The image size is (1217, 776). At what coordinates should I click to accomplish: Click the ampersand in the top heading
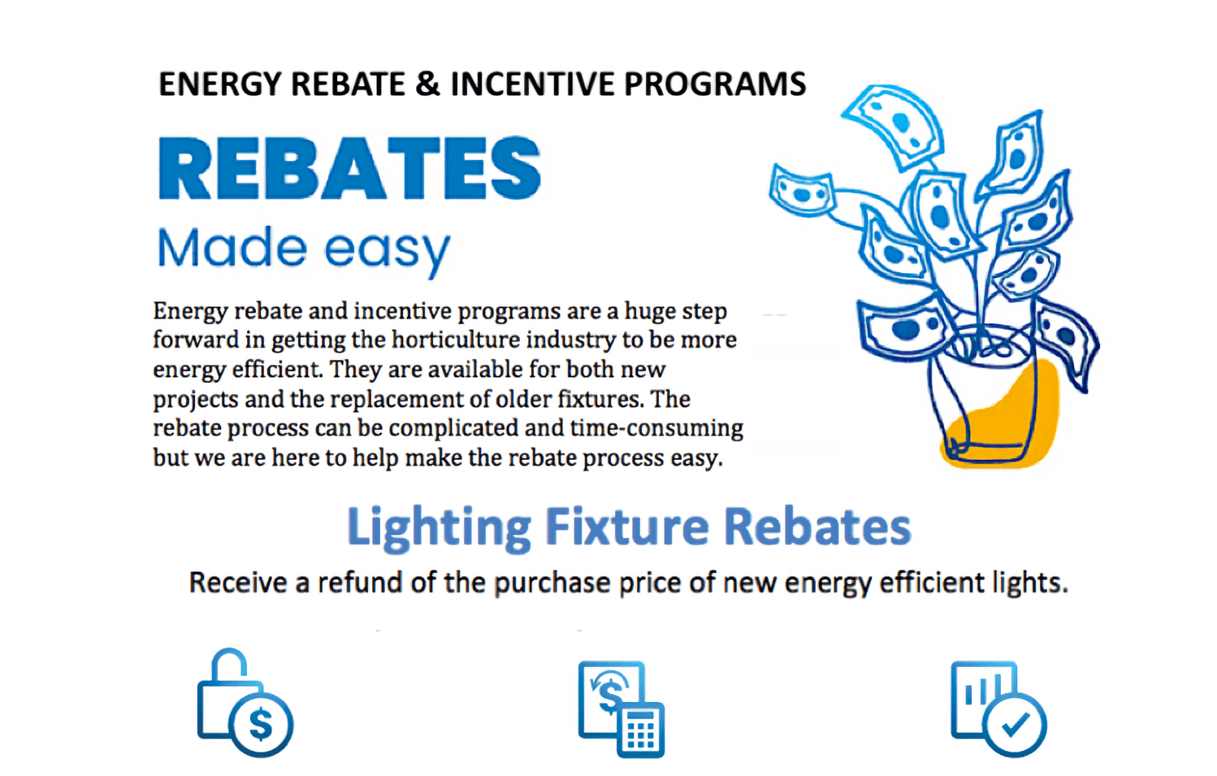[427, 85]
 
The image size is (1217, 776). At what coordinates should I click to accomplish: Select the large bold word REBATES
[349, 168]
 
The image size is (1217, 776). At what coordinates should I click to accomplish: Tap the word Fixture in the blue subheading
[627, 527]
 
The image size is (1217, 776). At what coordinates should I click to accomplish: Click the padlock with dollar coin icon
[245, 703]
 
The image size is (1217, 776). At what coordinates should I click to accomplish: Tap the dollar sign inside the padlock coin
[261, 724]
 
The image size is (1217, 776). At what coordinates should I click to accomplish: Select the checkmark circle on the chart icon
[1016, 724]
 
